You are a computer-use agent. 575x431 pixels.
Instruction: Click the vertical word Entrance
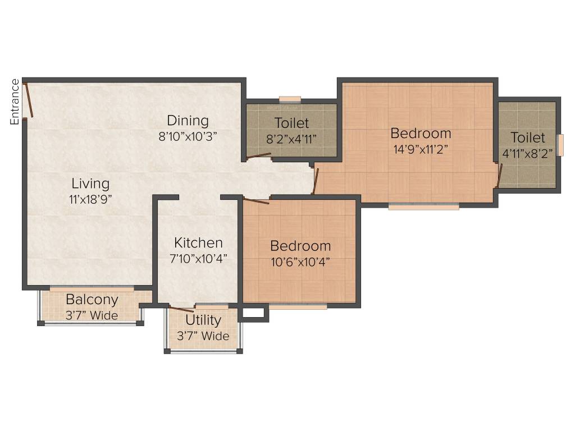click(15, 102)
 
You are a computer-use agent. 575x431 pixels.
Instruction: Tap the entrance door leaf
click(29, 101)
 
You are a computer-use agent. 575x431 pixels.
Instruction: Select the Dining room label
click(188, 121)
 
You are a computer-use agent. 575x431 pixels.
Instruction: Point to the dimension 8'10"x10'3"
click(188, 136)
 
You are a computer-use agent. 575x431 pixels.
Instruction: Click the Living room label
click(90, 184)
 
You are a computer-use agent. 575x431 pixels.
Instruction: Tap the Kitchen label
click(198, 243)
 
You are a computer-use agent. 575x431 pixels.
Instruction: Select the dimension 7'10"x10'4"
click(198, 258)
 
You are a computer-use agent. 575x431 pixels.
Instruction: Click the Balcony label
click(92, 299)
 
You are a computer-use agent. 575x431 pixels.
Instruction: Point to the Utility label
click(203, 320)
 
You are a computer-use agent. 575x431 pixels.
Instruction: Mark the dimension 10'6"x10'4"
click(300, 261)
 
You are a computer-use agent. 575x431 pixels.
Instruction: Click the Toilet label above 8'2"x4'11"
click(291, 123)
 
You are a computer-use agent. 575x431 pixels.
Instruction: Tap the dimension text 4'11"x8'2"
click(528, 152)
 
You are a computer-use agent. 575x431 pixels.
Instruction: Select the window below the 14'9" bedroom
click(423, 207)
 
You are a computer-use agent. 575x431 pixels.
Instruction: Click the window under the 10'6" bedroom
click(298, 307)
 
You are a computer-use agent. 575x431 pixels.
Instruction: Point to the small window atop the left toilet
click(290, 99)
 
